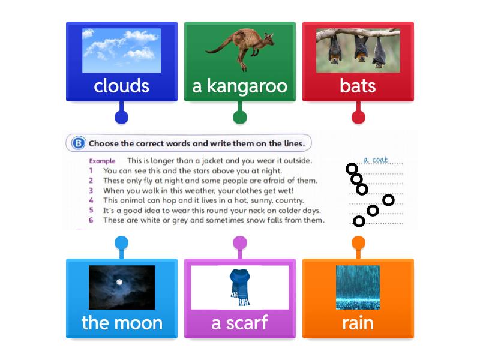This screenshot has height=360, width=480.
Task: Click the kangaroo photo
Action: (x=240, y=50)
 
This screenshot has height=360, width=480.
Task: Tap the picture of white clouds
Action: (x=121, y=50)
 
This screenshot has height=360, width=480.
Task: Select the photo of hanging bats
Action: (x=358, y=50)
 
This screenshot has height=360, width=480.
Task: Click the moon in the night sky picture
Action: (x=119, y=282)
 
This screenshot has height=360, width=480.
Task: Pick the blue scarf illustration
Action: (x=239, y=287)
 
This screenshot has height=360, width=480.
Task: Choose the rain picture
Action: (x=358, y=287)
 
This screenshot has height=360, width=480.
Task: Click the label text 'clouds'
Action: (x=121, y=86)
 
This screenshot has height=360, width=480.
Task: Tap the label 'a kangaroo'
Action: (x=240, y=86)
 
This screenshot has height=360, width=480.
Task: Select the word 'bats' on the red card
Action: (x=358, y=86)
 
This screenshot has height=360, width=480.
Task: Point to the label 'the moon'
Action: (x=122, y=323)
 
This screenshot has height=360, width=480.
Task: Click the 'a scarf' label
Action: (x=239, y=323)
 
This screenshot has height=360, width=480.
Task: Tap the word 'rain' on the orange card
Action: (x=358, y=323)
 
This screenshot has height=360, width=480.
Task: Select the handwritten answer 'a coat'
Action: (x=376, y=160)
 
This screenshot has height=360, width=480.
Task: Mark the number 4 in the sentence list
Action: (x=91, y=200)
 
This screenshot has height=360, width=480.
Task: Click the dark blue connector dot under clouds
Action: (x=121, y=117)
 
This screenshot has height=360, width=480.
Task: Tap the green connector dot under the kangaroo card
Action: (x=240, y=117)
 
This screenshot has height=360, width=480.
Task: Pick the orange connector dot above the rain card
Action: (x=358, y=243)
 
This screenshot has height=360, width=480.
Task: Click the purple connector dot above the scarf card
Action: (x=239, y=243)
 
